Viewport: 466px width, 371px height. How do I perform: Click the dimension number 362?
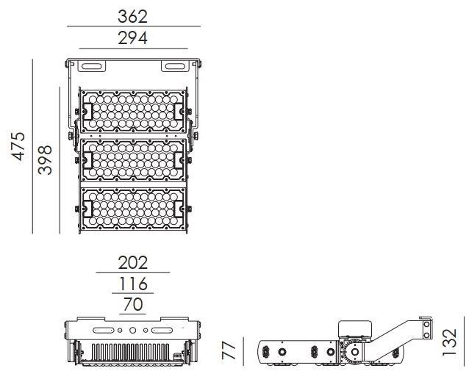(133, 16)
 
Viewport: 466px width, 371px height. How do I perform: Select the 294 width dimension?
(133, 38)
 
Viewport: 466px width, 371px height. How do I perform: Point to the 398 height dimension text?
(46, 159)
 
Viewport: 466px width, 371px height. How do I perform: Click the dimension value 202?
(133, 262)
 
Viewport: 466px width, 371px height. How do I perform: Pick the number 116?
(133, 283)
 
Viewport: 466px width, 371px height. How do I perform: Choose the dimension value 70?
(133, 303)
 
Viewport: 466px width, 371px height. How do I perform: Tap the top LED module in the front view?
(133, 111)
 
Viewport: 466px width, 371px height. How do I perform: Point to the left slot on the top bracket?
(91, 67)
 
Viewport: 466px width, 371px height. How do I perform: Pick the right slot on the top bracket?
(175, 67)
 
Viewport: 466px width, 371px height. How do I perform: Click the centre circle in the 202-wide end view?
(133, 331)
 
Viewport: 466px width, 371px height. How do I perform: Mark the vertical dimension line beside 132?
(463, 342)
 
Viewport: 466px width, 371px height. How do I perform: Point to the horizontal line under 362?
(133, 26)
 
